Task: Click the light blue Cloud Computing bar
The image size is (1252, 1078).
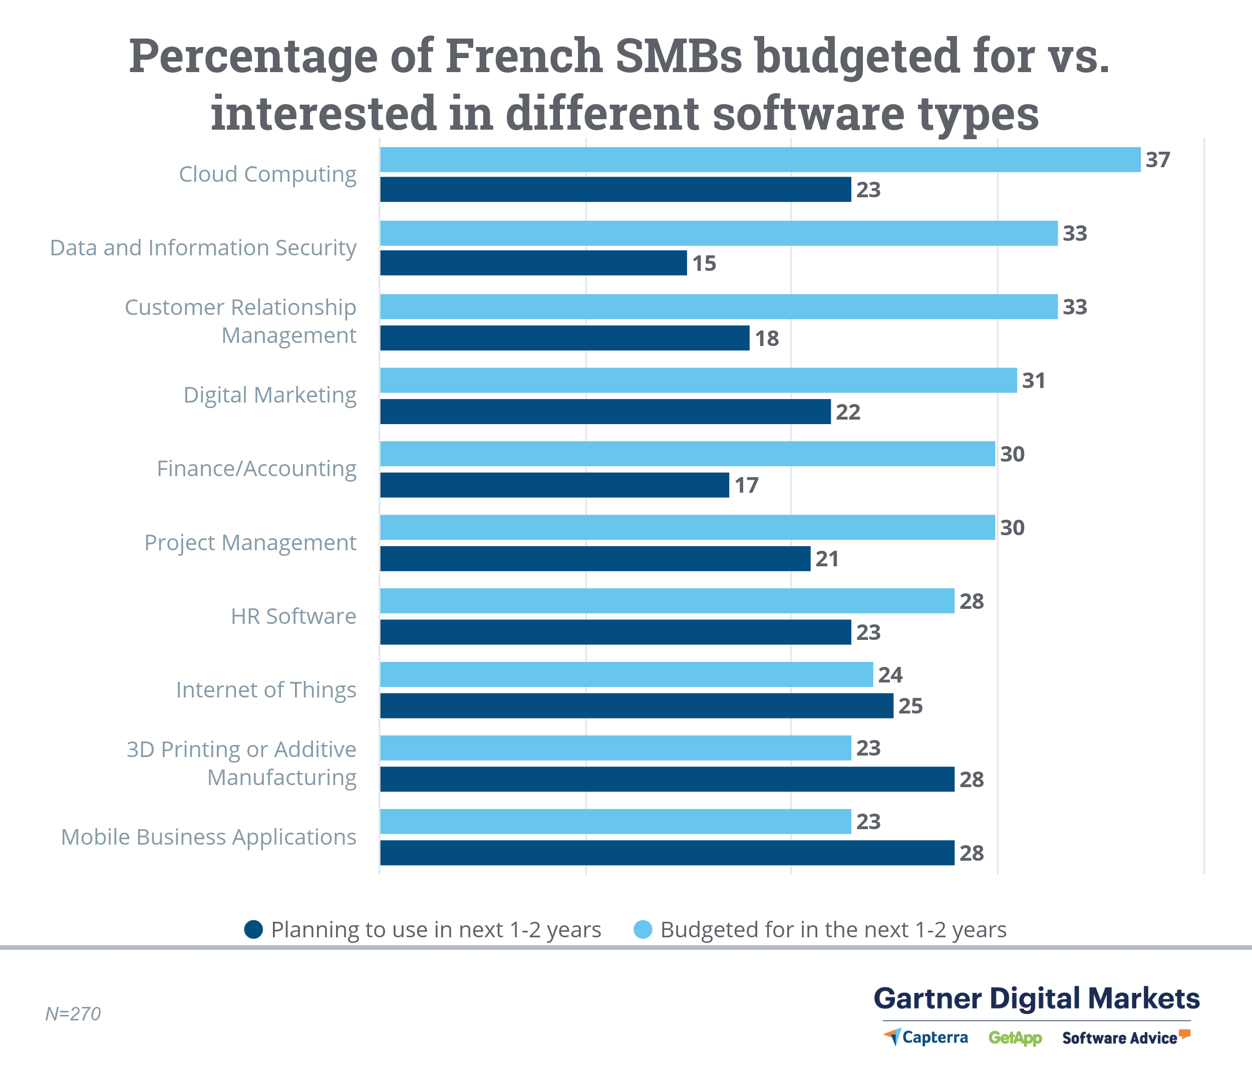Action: click(760, 160)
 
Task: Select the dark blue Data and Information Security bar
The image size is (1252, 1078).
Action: click(533, 263)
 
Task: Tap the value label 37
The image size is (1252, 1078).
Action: click(1158, 160)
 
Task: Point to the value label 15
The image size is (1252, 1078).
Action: click(704, 263)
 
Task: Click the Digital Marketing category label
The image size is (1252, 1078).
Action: click(269, 395)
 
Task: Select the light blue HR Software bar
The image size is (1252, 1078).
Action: click(667, 601)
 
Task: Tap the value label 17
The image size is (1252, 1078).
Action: click(746, 485)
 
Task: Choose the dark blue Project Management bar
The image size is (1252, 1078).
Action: click(595, 558)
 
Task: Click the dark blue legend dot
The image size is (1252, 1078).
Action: click(253, 929)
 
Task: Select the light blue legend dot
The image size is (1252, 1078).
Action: click(643, 929)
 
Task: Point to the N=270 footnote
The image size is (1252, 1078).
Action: click(73, 1014)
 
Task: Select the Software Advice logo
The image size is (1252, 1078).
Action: click(1125, 1037)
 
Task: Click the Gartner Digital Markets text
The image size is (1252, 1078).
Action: click(1036, 998)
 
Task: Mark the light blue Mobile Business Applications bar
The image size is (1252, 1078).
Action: click(615, 821)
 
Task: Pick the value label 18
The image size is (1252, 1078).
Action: click(767, 338)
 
